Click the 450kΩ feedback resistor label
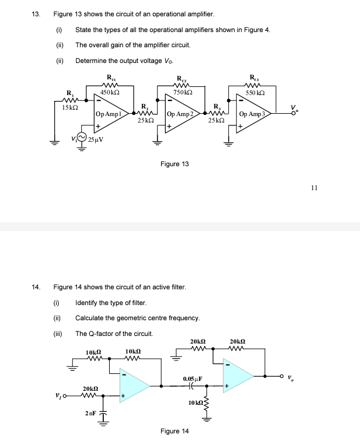pos(110,93)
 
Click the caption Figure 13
pos(174,164)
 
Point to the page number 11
pos(314,188)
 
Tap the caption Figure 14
pos(174,431)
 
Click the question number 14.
pos(36,287)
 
